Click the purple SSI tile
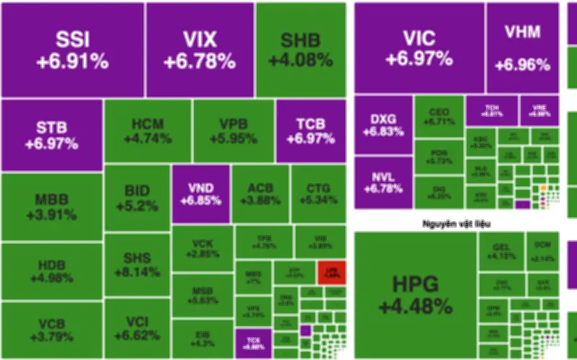point(71,49)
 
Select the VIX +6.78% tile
point(200,49)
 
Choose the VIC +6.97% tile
point(418,48)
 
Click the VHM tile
point(523,48)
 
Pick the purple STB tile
point(51,136)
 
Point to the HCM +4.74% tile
point(148,131)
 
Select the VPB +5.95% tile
point(234,131)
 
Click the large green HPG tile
point(415,294)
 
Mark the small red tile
point(332,272)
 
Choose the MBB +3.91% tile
point(51,206)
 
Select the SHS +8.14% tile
point(137,263)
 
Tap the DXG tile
point(383,125)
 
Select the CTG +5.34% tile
point(318,193)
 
